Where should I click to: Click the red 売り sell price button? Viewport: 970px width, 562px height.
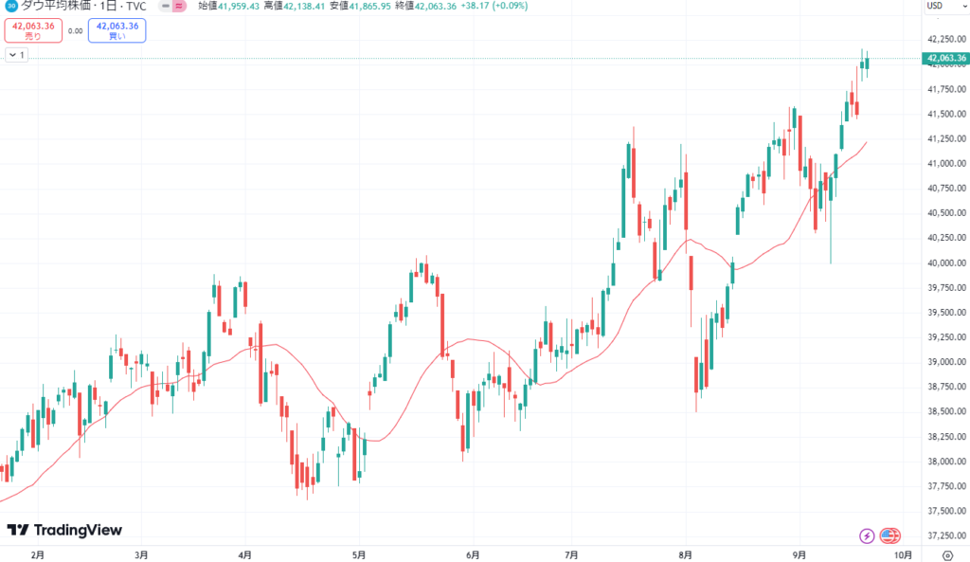click(33, 30)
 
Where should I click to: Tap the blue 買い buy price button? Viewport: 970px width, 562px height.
click(118, 30)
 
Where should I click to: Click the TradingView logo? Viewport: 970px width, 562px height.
click(64, 531)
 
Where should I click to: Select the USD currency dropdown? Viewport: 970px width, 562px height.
click(937, 6)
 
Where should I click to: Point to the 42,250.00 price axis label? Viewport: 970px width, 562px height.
click(947, 40)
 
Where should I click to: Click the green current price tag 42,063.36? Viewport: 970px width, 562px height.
click(947, 59)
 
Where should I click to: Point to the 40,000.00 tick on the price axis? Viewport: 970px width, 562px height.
click(947, 263)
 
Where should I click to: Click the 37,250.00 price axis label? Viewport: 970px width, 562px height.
click(947, 535)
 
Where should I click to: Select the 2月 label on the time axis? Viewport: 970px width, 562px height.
click(38, 554)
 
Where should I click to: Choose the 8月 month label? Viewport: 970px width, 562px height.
click(685, 554)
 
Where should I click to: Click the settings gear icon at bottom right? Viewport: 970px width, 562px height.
click(949, 554)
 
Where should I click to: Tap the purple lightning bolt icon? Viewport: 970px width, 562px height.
click(867, 535)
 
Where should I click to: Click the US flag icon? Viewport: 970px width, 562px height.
click(889, 535)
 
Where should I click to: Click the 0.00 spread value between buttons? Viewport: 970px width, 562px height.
click(76, 30)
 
